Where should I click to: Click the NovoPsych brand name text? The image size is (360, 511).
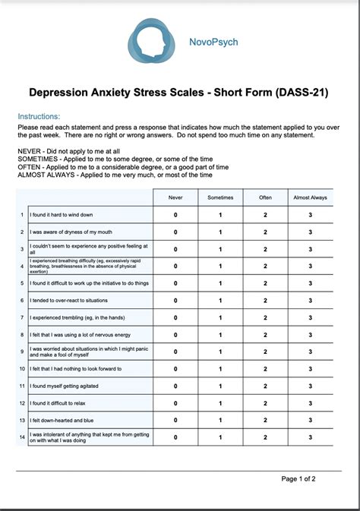click(x=213, y=42)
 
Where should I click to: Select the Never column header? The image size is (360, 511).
click(x=175, y=197)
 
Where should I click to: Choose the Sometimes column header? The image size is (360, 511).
click(x=220, y=197)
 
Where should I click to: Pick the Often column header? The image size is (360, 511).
click(x=265, y=197)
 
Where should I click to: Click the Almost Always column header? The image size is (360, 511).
click(x=310, y=197)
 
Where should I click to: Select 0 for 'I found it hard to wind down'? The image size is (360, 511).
click(x=175, y=215)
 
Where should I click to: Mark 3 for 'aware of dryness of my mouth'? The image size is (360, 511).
click(x=310, y=232)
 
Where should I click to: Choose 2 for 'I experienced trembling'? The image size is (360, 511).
click(x=265, y=317)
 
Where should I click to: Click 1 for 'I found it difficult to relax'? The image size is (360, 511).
click(x=220, y=402)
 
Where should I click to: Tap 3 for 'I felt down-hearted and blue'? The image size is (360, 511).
click(x=310, y=420)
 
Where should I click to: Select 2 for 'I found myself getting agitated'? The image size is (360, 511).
click(x=265, y=386)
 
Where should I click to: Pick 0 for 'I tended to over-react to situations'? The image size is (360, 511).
click(x=175, y=300)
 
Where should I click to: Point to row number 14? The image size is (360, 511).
click(x=22, y=437)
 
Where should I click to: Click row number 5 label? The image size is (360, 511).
click(x=22, y=283)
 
